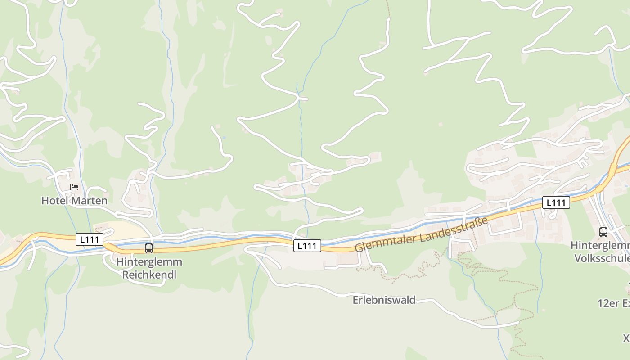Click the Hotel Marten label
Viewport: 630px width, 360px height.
point(74,201)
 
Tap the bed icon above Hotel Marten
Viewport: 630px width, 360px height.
point(74,187)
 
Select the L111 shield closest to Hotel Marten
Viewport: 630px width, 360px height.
point(89,239)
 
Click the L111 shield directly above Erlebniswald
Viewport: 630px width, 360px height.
point(307,246)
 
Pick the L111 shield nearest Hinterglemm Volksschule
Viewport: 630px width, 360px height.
point(556,203)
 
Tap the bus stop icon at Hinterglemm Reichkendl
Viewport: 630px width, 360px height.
point(149,248)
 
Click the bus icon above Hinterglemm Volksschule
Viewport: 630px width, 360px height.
point(603,232)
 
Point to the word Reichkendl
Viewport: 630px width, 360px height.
point(149,274)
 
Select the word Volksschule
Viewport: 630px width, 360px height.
point(602,258)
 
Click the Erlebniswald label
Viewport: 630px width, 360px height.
point(384,300)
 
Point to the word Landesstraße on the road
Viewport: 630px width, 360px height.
point(454,227)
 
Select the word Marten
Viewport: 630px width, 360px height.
point(91,201)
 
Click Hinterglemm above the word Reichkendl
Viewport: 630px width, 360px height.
point(149,262)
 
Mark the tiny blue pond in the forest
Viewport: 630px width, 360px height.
point(224,137)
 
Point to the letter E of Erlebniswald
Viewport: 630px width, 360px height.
point(355,300)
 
